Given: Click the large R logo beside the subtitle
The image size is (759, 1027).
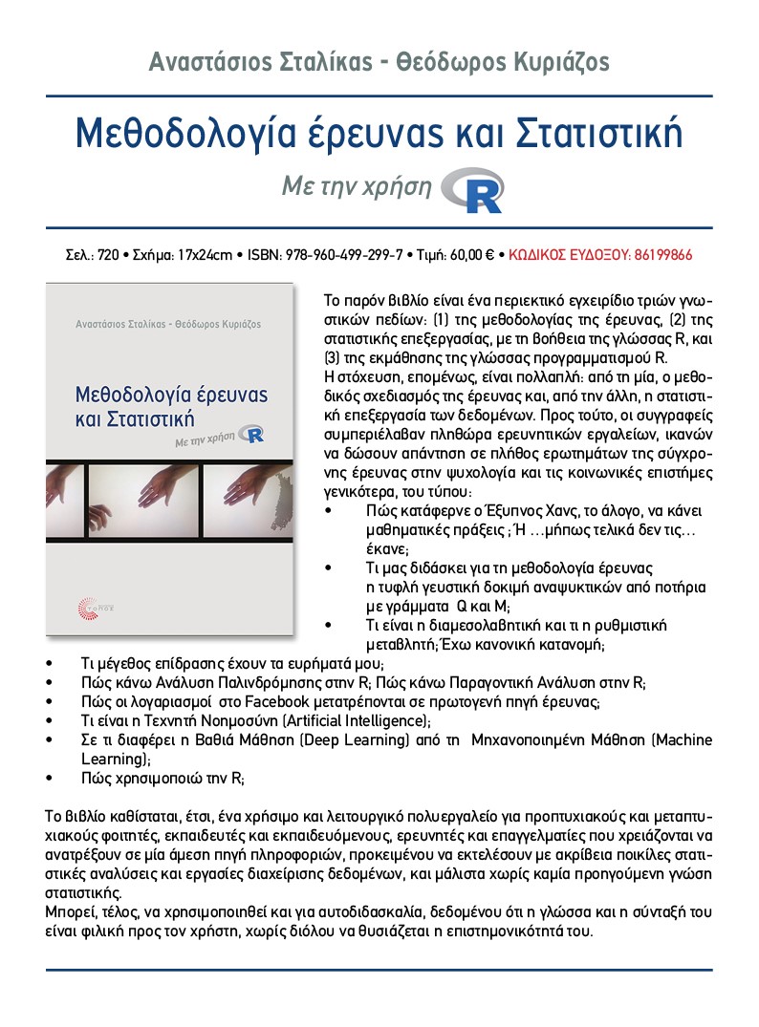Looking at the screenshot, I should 474,189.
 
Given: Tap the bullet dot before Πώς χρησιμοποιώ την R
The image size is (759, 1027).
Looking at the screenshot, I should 49,779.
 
